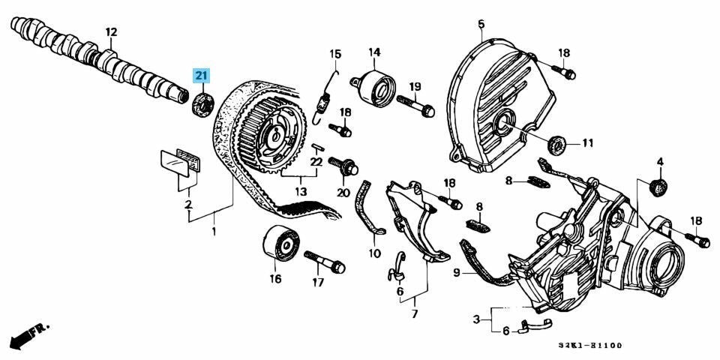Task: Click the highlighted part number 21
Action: coord(202,76)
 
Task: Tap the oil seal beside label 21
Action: coord(203,103)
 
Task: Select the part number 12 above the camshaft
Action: coord(112,32)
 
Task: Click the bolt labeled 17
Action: coord(325,262)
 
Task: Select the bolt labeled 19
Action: coord(416,106)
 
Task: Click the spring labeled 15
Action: coord(325,94)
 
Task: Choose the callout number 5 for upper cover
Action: coord(481,25)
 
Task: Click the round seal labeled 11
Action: coord(557,143)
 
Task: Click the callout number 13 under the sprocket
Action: coord(301,193)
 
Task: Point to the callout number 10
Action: coord(374,253)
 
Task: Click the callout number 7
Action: coord(414,313)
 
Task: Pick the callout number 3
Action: coord(476,321)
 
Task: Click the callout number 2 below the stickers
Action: coord(189,204)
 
